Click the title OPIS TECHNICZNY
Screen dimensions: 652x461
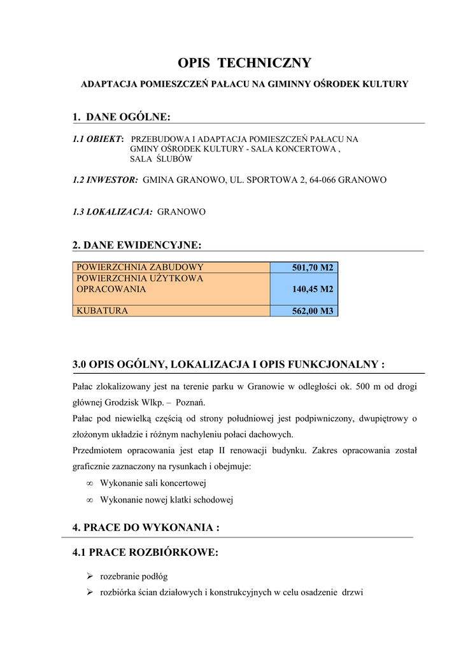coord(244,63)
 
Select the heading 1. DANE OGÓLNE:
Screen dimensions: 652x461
coord(122,117)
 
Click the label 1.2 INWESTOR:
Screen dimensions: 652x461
coord(106,180)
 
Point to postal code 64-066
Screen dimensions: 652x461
coord(322,180)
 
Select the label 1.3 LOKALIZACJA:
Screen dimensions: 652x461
coord(113,212)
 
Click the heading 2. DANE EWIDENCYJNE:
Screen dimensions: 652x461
coord(137,244)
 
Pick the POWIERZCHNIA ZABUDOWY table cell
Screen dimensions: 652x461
coord(139,267)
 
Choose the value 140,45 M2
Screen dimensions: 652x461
coord(313,289)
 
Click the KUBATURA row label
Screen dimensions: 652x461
coord(102,311)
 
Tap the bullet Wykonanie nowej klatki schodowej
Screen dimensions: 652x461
coord(167,500)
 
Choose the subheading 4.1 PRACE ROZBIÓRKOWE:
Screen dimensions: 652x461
coord(146,553)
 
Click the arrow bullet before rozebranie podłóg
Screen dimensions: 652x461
coord(90,577)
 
